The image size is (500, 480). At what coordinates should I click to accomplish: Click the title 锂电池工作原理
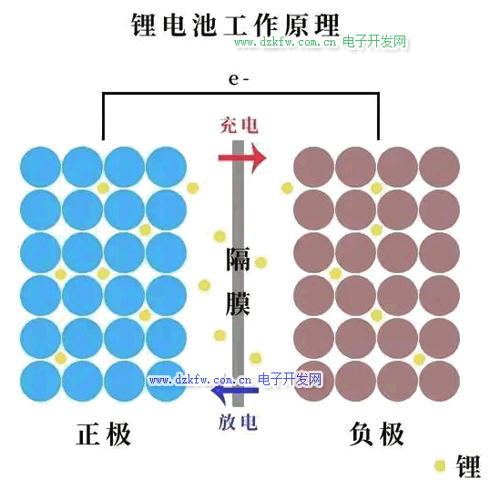coord(235,25)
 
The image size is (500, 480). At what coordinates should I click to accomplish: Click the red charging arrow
coord(242,158)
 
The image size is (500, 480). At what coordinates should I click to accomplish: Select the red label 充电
coord(239,125)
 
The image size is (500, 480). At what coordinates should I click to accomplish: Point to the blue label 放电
coord(238,423)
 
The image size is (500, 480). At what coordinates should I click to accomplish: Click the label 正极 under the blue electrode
coord(104,434)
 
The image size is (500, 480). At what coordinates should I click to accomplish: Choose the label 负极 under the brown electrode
coord(377,434)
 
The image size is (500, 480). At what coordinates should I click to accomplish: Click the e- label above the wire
coord(239,79)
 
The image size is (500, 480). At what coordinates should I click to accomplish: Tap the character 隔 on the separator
coord(238,259)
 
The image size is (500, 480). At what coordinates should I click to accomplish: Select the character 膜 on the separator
coord(238,303)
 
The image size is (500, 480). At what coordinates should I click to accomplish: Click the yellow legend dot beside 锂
coord(440,465)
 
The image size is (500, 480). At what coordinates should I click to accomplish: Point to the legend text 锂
coord(468,466)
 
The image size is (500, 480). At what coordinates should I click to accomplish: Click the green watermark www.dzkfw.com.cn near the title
coord(285,42)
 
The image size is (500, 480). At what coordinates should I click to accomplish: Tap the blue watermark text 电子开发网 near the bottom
coord(290,379)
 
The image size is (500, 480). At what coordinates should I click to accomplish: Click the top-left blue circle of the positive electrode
coord(40,167)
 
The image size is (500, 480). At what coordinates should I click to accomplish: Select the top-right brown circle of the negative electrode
coord(439,167)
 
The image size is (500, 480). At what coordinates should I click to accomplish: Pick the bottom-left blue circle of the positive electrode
coord(40,381)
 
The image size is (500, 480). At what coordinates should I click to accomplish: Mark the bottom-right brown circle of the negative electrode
coord(439,381)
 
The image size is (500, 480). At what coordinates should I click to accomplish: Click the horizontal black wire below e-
coord(240,94)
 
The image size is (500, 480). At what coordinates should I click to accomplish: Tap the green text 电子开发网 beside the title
coord(374,42)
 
